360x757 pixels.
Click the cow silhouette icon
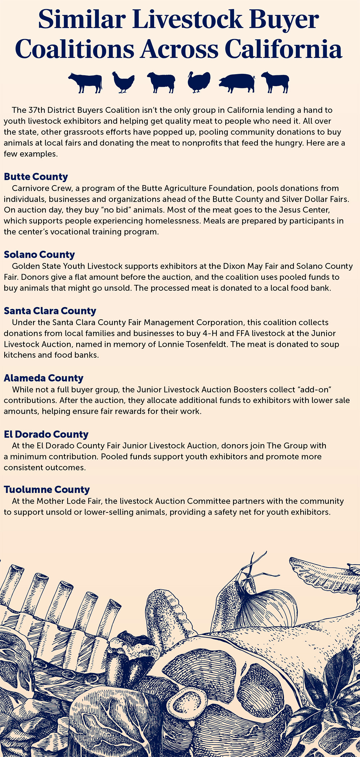(85, 82)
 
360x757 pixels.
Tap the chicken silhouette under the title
(123, 82)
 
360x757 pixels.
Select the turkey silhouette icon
(199, 82)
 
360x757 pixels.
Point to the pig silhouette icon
(237, 83)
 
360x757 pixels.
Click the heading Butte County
(36, 177)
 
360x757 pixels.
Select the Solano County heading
(39, 255)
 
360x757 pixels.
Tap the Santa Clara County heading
(50, 311)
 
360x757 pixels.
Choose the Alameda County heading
(44, 378)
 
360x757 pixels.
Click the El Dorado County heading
(46, 434)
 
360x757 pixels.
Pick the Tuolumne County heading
(47, 490)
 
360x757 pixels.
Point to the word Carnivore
(29, 188)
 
